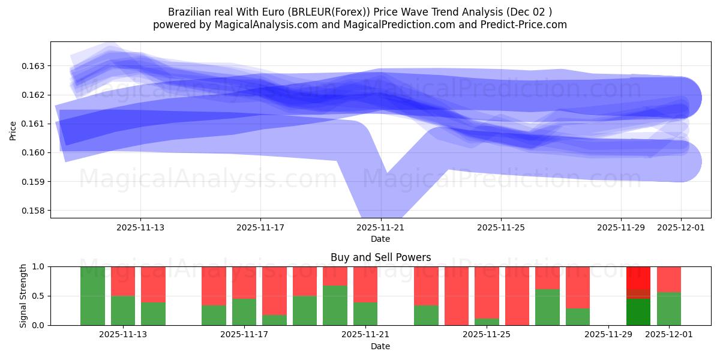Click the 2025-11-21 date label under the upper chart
coord(380,227)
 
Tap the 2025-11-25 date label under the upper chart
coord(500,227)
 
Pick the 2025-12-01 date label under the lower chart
coord(669,335)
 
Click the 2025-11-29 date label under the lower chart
coord(608,335)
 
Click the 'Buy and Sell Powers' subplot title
coord(380,257)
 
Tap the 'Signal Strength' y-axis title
coord(23,296)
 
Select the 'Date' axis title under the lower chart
coord(380,346)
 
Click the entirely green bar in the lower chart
coord(92,296)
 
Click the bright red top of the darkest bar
coord(638,277)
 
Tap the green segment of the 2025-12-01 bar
coord(669,309)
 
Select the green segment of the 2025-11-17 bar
coord(244,312)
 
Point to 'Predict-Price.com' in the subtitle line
coord(526,25)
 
